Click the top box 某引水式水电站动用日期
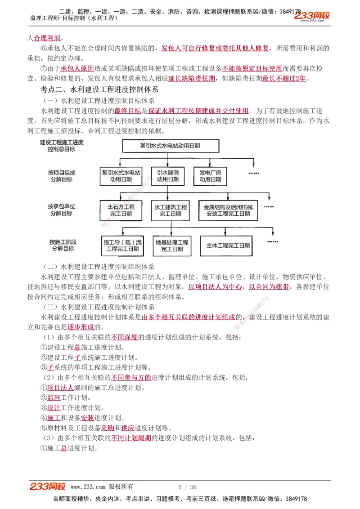point(170,146)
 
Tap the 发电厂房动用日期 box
point(211,176)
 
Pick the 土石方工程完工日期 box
point(121,210)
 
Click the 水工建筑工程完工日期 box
point(171,210)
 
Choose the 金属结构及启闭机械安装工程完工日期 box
point(228,210)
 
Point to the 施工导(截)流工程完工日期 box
point(122,246)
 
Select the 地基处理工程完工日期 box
point(172,246)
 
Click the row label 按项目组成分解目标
point(62,176)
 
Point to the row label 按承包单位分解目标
point(62,210)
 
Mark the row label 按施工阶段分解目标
point(62,245)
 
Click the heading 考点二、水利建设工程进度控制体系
point(99,89)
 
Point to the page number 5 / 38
point(187,487)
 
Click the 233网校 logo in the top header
point(312,17)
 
